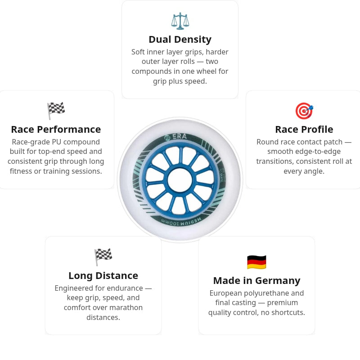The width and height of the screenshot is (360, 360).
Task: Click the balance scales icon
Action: point(180,21)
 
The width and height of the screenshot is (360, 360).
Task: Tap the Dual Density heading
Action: point(180,40)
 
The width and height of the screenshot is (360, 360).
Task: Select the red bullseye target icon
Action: point(304,111)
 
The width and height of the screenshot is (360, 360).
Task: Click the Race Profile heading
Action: point(304,130)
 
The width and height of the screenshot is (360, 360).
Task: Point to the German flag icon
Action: point(256,262)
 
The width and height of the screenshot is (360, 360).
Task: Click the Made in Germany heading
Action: point(256,280)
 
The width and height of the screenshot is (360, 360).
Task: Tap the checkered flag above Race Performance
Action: point(56,111)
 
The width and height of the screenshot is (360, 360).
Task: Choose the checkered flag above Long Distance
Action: point(103,257)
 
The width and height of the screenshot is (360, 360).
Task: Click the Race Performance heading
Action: point(56,130)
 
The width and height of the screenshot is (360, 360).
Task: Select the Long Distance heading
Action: point(103,275)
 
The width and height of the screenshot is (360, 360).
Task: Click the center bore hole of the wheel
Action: point(180,180)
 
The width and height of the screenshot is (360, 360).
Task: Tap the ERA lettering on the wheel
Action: point(180,136)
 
